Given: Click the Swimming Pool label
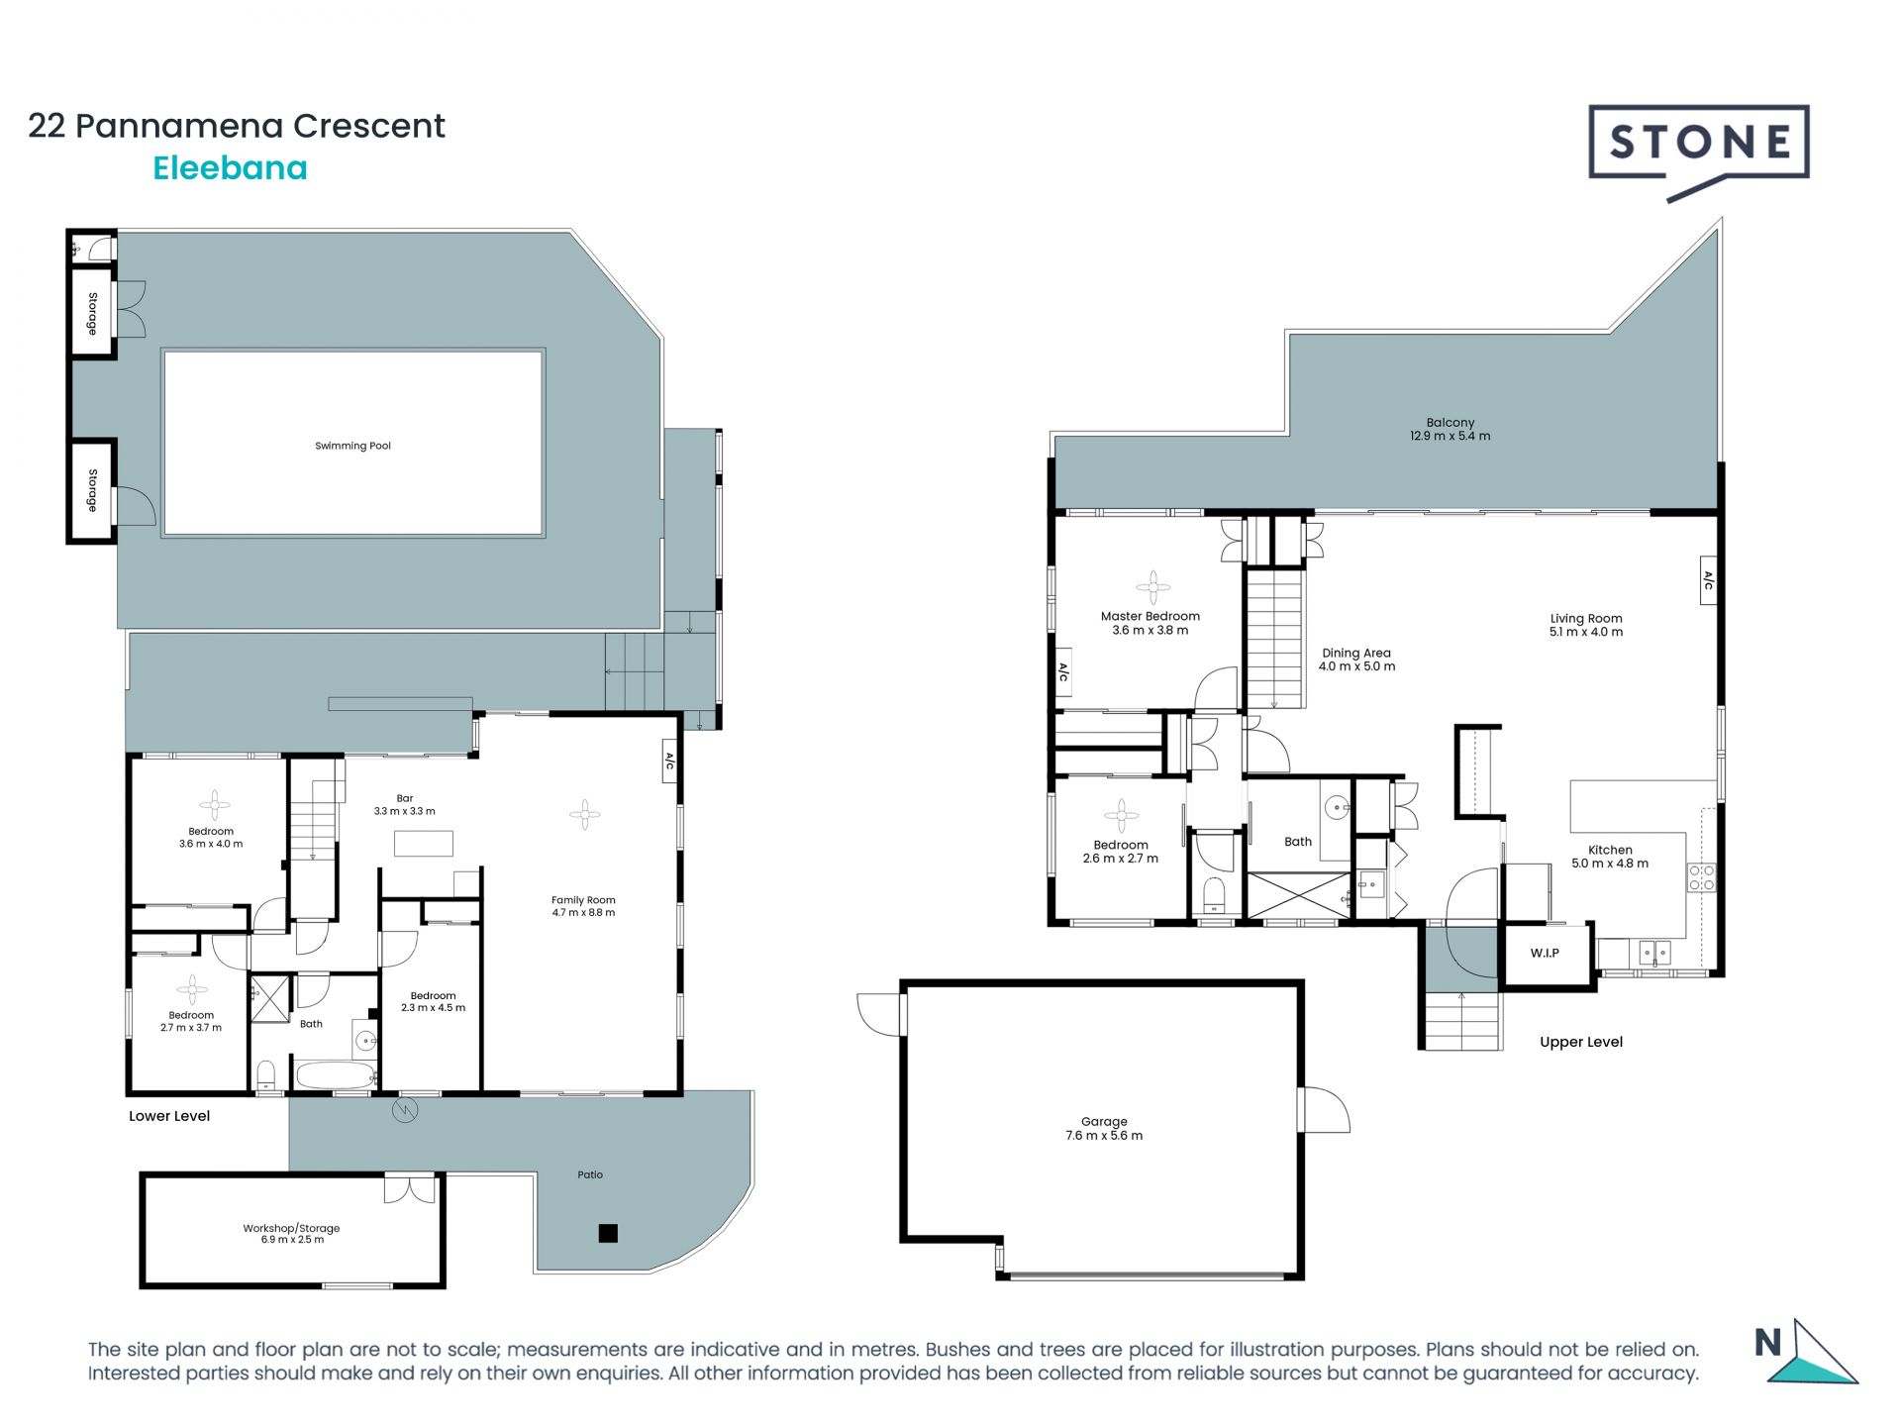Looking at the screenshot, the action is (352, 446).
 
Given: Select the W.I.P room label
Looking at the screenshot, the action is (1545, 954).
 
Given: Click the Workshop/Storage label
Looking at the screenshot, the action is (291, 1228).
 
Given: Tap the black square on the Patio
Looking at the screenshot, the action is (608, 1233).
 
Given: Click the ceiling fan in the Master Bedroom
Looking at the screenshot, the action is (1152, 587).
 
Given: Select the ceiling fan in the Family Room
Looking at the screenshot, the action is (585, 815).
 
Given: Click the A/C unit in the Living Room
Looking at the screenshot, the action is (1708, 580).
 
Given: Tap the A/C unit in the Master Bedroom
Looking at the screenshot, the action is (1062, 672).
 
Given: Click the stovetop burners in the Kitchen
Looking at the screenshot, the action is (1701, 878).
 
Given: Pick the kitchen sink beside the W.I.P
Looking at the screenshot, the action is (1653, 953).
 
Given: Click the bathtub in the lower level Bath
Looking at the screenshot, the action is (335, 1075).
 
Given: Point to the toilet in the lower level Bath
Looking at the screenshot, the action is (265, 1075).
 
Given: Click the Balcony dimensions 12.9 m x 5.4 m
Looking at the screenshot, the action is (1450, 436).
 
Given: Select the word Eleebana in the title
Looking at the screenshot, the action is (230, 168).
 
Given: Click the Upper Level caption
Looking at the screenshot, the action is (1581, 1042).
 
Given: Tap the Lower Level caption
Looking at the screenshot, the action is (169, 1116).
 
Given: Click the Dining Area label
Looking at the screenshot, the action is (1356, 653).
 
